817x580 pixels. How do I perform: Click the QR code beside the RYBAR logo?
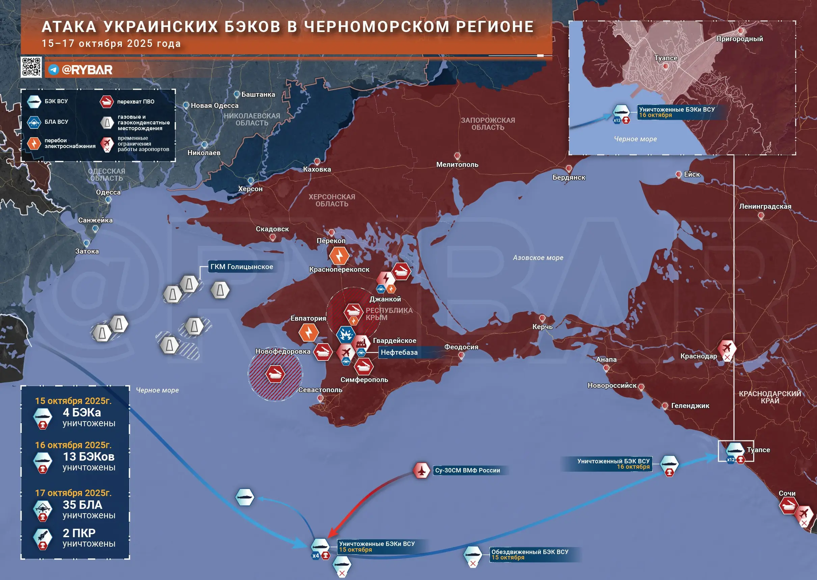31,67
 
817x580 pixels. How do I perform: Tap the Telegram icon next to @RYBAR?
54,70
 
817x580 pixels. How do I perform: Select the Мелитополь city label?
457,165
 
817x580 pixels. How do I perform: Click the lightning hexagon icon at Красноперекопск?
339,256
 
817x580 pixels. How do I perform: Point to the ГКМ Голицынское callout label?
242,267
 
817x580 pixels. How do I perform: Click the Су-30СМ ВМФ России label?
467,470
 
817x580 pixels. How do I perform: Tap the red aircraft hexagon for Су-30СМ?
421,470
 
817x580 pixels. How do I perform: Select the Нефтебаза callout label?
399,352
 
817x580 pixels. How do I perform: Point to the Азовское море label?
538,258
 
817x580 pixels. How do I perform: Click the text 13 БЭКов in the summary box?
88,457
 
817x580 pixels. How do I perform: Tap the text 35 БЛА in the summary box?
82,505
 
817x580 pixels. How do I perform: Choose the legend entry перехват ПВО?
135,102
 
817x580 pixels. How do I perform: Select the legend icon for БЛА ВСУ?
34,122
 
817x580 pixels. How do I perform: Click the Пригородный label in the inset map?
739,39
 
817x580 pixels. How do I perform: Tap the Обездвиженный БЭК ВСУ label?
530,552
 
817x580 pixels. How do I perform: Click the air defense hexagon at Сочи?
788,506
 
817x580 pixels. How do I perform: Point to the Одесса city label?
108,192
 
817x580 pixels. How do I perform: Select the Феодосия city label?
461,347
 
